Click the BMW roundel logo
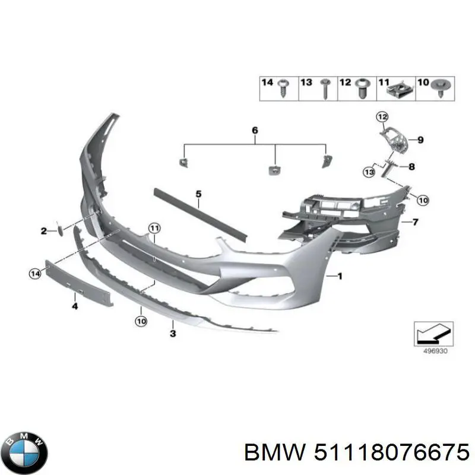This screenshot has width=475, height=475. (27, 452)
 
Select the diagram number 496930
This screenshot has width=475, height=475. (435, 351)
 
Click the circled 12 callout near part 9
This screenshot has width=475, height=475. (382, 117)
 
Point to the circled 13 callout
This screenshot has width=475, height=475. (369, 172)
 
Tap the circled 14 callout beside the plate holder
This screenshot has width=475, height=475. (35, 274)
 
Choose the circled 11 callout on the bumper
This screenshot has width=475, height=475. (154, 228)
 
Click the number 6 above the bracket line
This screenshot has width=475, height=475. (255, 131)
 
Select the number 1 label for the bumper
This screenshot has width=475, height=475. (340, 276)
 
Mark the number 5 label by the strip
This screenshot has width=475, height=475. (198, 194)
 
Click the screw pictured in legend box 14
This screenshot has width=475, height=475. (283, 88)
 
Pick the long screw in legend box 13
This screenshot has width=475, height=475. (324, 88)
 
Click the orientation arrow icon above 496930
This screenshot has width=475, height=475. (433, 334)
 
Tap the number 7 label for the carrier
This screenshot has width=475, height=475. (415, 222)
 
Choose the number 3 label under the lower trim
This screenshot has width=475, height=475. (173, 334)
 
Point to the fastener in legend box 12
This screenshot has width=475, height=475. (362, 88)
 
